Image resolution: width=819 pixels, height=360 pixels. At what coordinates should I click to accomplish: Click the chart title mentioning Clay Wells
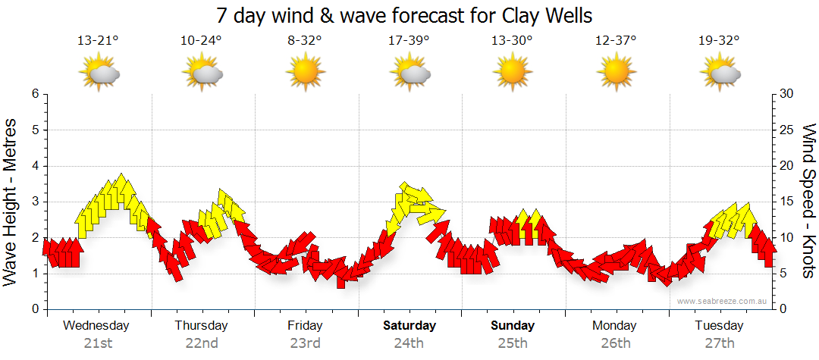click(x=404, y=15)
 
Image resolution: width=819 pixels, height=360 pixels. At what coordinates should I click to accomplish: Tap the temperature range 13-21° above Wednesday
click(x=98, y=41)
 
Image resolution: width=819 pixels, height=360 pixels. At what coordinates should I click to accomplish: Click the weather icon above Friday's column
click(x=305, y=73)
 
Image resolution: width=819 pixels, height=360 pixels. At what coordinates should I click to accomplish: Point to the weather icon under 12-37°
click(x=616, y=73)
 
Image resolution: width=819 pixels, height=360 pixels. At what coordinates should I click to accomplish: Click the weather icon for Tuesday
click(x=720, y=73)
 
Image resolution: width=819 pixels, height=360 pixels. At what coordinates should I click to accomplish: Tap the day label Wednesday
click(x=96, y=326)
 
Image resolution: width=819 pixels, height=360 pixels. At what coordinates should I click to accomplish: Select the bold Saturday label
click(x=409, y=326)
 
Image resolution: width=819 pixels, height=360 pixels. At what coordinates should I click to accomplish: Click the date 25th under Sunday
click(x=513, y=343)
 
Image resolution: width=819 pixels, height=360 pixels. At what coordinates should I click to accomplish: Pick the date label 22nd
click(x=201, y=343)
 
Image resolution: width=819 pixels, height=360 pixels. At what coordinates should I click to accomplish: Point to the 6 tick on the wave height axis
click(x=34, y=94)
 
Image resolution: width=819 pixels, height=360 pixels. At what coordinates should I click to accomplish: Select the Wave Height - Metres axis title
click(x=12, y=202)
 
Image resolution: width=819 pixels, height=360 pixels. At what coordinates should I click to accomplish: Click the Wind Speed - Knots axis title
click(x=808, y=202)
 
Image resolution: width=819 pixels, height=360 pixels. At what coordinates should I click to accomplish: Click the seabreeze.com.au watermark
click(x=723, y=301)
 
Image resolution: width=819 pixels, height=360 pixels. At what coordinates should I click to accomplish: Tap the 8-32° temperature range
click(x=305, y=41)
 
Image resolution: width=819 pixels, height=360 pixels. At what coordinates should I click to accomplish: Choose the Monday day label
click(x=616, y=326)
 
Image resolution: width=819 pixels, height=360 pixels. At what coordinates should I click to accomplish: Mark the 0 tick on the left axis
click(x=34, y=309)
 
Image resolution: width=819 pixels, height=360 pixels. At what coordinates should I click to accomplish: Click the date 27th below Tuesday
click(x=720, y=343)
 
